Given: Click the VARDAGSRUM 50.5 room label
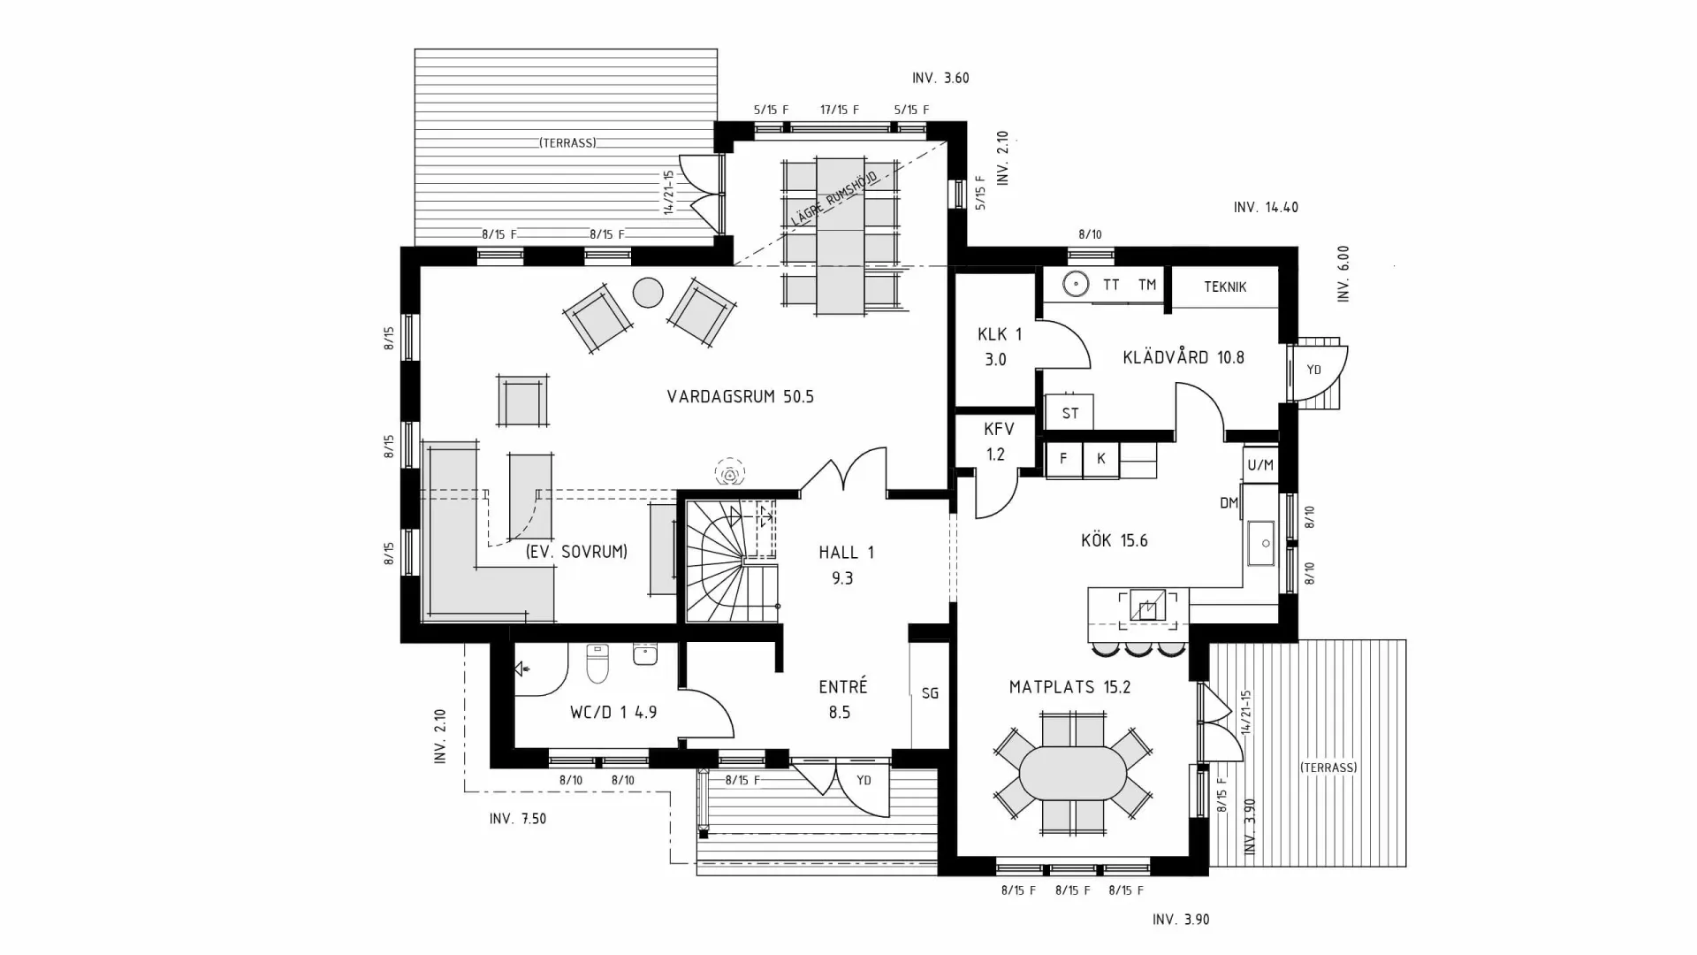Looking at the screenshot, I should [740, 397].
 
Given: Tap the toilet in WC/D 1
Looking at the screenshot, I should [598, 665].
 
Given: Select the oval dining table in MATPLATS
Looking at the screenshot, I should [1073, 774].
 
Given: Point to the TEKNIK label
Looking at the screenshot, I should [1225, 287].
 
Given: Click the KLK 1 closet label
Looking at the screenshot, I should [999, 334].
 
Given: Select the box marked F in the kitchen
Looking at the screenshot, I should [1064, 459].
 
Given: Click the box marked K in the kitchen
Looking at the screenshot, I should [1101, 459].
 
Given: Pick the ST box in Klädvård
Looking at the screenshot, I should [1069, 413].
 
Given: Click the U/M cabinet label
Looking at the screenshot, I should [1259, 465].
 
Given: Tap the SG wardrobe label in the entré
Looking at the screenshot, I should [930, 693].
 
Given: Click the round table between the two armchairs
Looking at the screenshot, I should [648, 293].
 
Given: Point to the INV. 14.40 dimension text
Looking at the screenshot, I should [1266, 208].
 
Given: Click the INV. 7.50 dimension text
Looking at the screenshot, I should [518, 819].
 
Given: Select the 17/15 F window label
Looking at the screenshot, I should [839, 111].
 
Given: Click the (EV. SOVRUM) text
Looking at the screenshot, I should [576, 552].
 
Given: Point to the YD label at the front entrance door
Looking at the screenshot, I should [864, 780].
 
